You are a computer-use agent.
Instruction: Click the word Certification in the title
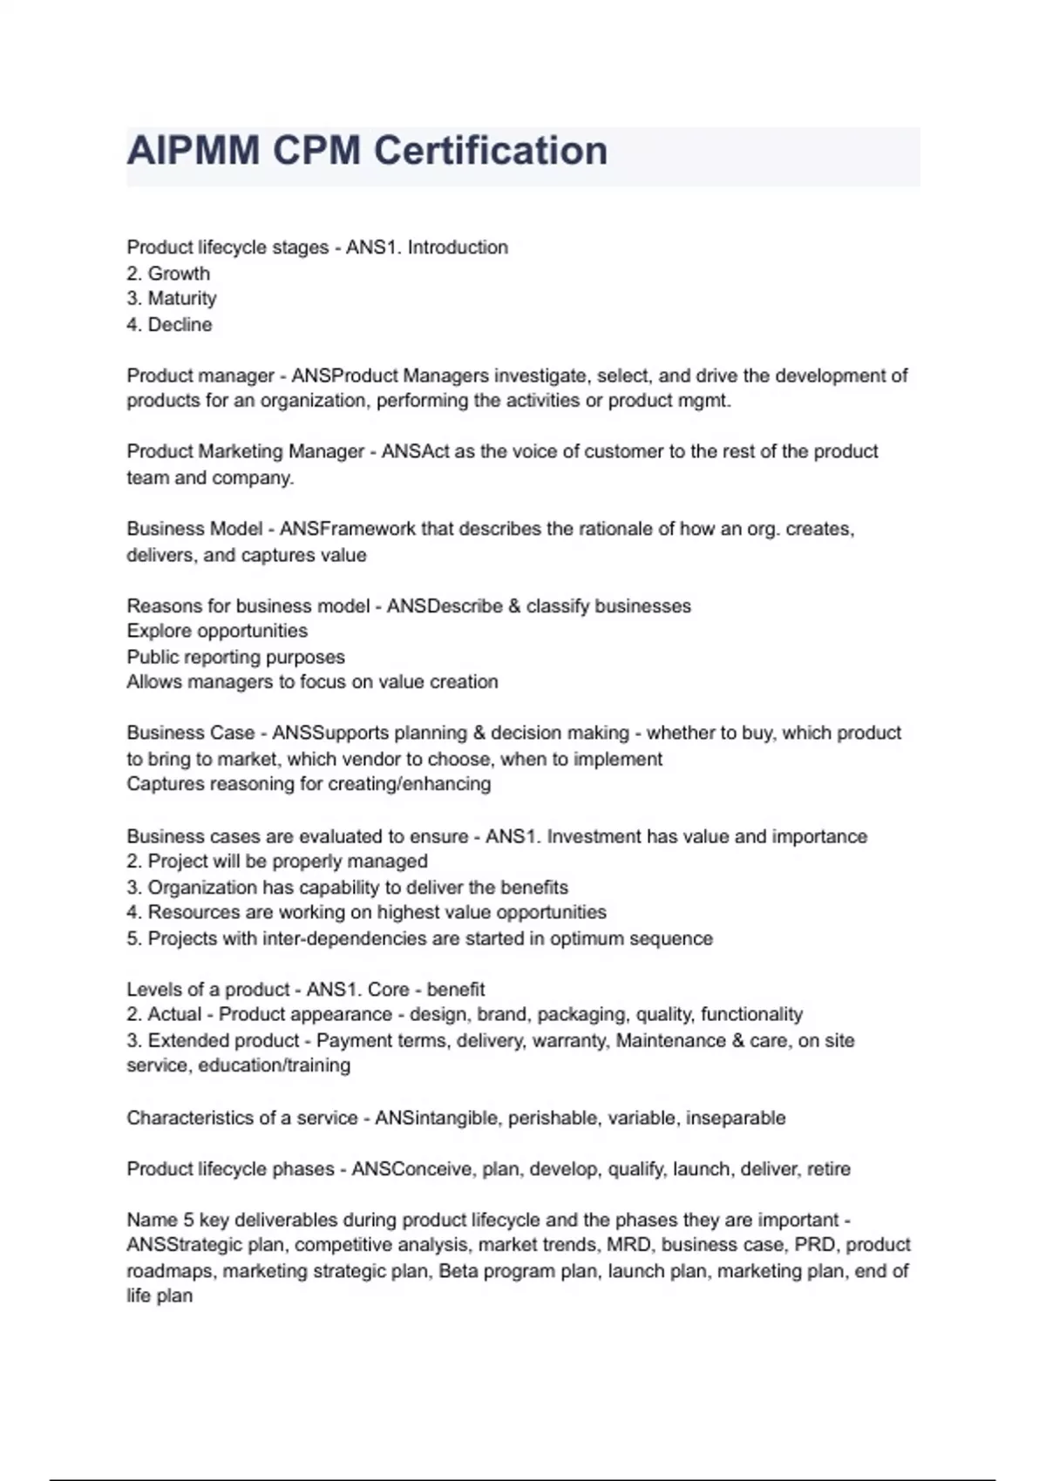tap(490, 151)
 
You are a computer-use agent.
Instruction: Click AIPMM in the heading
tap(193, 151)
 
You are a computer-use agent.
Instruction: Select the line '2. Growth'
tap(168, 274)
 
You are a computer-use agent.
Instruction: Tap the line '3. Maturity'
tap(172, 299)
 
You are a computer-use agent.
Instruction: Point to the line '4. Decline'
tap(169, 325)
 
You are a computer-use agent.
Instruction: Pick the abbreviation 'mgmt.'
tap(704, 401)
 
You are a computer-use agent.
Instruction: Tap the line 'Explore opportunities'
tap(217, 631)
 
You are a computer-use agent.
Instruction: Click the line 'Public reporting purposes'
tap(235, 657)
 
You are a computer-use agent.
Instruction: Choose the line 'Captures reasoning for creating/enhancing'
tap(309, 784)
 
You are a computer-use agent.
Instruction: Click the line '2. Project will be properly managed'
tap(277, 862)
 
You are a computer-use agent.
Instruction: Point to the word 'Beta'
tap(458, 1271)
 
